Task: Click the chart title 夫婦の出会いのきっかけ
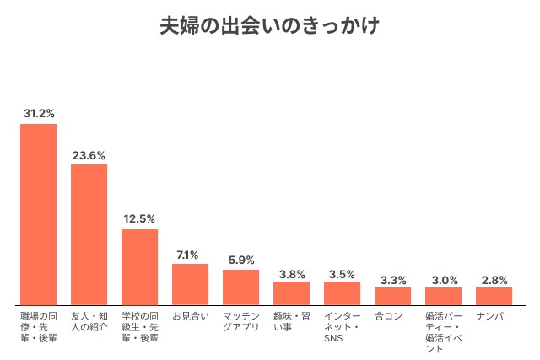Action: (269, 26)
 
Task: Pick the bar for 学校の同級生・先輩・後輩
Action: (139, 266)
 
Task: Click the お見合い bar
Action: (190, 284)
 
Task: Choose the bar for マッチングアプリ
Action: (240, 287)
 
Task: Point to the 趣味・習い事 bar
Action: (291, 293)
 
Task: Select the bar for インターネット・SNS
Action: (342, 293)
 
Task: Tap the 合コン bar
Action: (392, 296)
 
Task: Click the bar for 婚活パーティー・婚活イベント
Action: (443, 296)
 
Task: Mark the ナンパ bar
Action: (494, 296)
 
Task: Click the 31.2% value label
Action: (38, 113)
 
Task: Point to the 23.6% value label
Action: (89, 154)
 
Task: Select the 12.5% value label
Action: (139, 218)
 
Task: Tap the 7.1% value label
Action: (190, 254)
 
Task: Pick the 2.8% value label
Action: (494, 277)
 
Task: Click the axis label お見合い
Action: (190, 316)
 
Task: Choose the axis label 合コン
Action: (388, 316)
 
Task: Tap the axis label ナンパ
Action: (490, 316)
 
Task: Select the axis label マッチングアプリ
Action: (240, 321)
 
